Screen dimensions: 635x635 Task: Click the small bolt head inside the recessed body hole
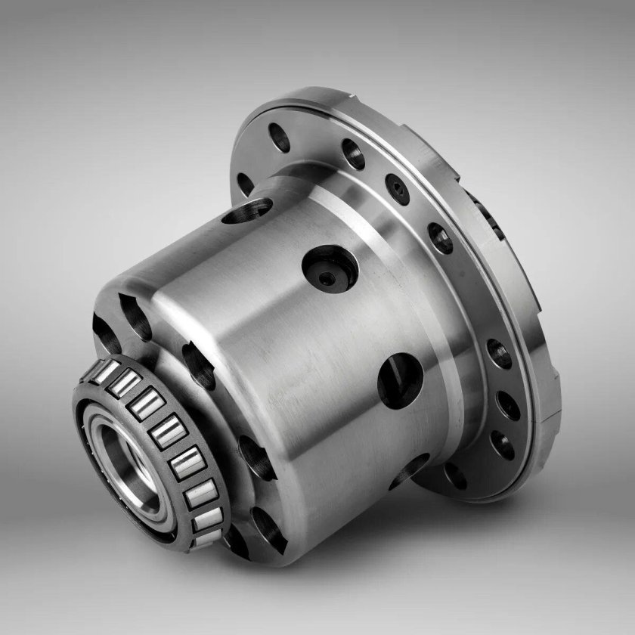click(327, 279)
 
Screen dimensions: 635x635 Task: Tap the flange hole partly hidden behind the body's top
click(245, 184)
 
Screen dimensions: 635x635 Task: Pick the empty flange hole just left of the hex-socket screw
click(353, 154)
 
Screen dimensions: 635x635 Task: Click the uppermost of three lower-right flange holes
click(499, 353)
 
